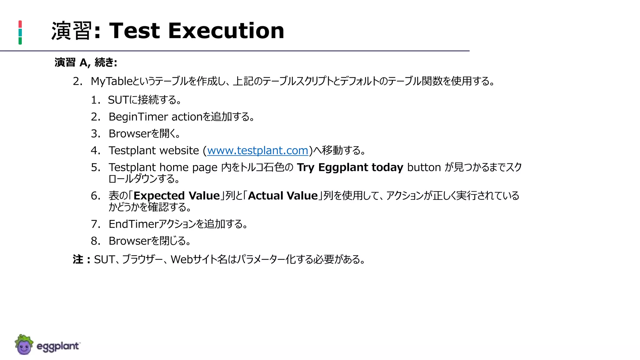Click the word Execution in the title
point(226,31)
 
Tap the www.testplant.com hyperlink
point(257,151)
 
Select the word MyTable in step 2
point(111,81)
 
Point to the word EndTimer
point(133,224)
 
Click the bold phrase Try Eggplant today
point(350,167)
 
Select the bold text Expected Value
point(177,196)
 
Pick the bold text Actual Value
point(282,196)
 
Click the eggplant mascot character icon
point(24,345)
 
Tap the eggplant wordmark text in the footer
point(58,346)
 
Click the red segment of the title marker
point(20,24)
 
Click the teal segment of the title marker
point(20,32)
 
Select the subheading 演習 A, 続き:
point(86,62)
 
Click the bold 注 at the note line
point(78,259)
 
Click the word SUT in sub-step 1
point(118,100)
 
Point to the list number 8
point(95,241)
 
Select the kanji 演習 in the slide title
point(72,31)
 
